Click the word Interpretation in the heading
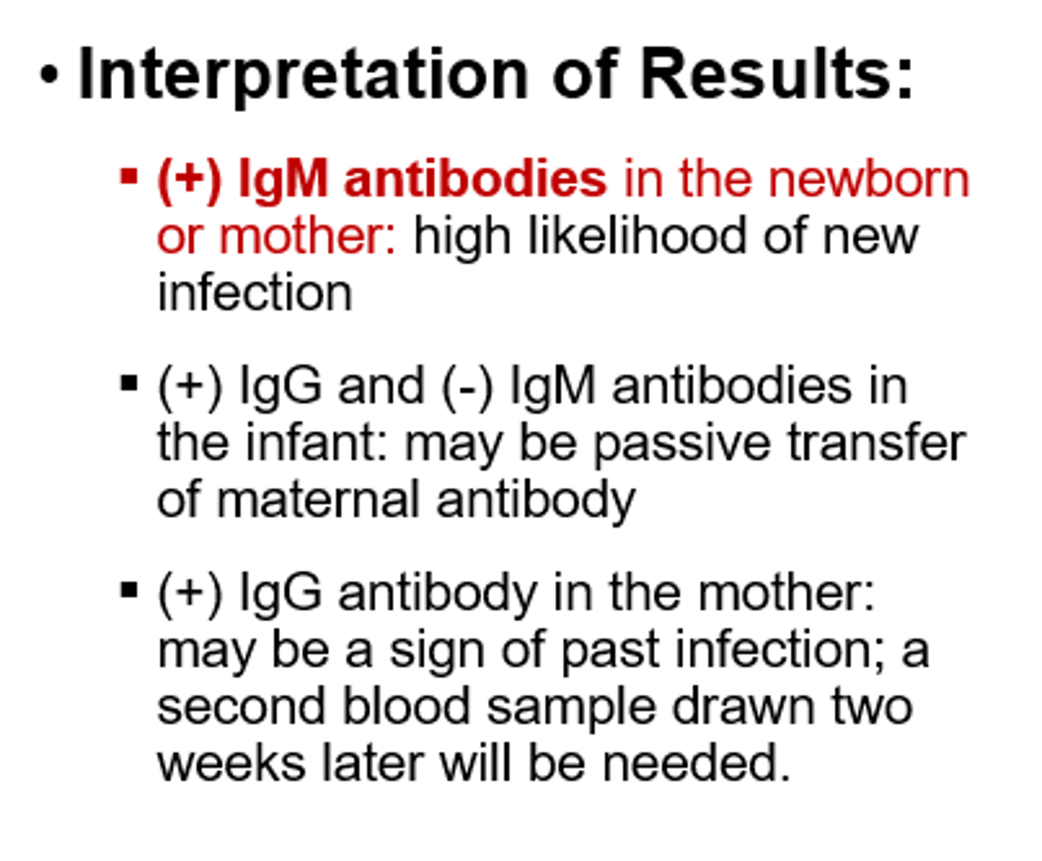303,75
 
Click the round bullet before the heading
48,75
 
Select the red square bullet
129,176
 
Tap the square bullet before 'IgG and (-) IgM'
129,383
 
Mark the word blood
406,706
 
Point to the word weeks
232,763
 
